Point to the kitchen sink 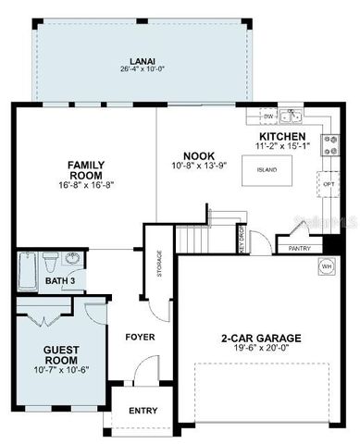pyautogui.click(x=292, y=117)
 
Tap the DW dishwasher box pyautogui.click(x=268, y=117)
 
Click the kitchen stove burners pyautogui.click(x=329, y=144)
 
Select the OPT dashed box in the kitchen pyautogui.click(x=329, y=183)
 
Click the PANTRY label pyautogui.click(x=299, y=248)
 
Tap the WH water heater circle pyautogui.click(x=327, y=266)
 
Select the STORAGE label pyautogui.click(x=160, y=263)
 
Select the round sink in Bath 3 pyautogui.click(x=75, y=260)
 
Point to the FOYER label pyautogui.click(x=140, y=337)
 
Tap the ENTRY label pyautogui.click(x=143, y=411)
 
